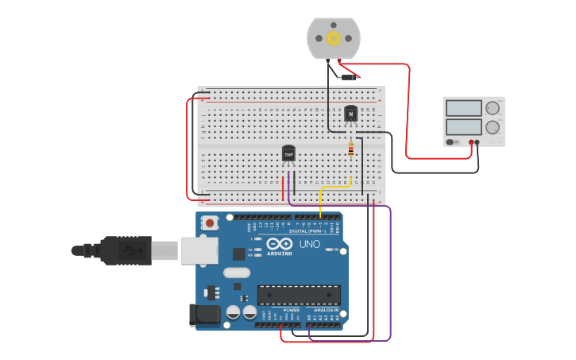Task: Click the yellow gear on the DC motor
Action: (x=334, y=38)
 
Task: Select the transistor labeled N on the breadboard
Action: (x=350, y=115)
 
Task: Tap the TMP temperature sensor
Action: (x=288, y=153)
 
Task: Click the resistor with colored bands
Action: (x=351, y=149)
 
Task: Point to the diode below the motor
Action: (x=347, y=77)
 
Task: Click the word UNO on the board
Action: (x=310, y=244)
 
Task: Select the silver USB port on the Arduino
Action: (x=199, y=250)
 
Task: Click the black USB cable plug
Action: (x=120, y=250)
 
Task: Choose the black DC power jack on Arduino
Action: (x=204, y=315)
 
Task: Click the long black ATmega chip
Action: (x=299, y=295)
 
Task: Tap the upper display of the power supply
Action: (x=464, y=108)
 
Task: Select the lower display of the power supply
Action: (x=464, y=126)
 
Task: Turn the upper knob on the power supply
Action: (x=493, y=108)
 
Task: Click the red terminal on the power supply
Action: (x=470, y=143)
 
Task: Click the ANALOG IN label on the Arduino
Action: (x=326, y=310)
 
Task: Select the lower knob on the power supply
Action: (x=493, y=127)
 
